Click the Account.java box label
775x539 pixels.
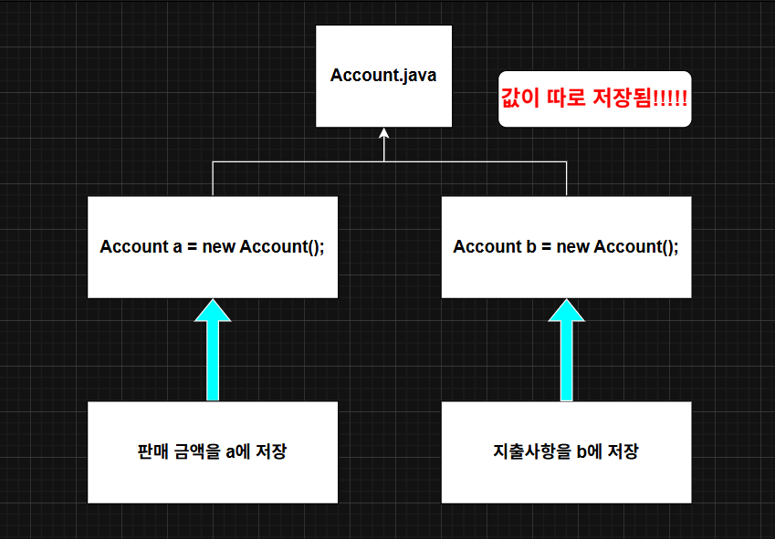[383, 75]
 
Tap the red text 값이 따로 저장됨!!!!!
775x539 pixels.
[594, 98]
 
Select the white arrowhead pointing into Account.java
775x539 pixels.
[384, 134]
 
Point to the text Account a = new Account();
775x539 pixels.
[212, 247]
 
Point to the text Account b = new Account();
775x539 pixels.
[566, 247]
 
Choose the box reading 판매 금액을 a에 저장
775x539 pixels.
[212, 451]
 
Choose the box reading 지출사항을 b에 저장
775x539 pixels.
[566, 451]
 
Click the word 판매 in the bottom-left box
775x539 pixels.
[152, 451]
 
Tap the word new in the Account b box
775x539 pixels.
[573, 247]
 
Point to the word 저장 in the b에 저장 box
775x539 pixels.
[623, 451]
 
